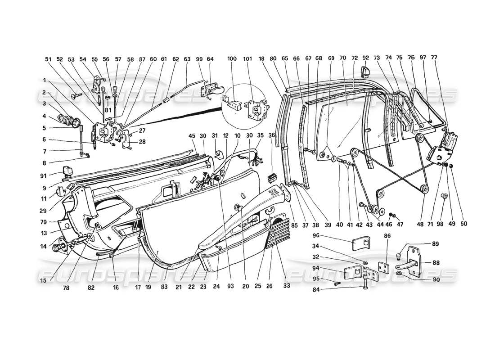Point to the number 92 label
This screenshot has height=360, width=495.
tap(365, 58)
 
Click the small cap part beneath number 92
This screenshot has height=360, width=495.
tap(365, 71)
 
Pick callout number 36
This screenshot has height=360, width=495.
tap(271, 135)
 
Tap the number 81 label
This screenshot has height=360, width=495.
tap(108, 110)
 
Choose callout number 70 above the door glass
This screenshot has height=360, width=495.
tap(342, 58)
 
